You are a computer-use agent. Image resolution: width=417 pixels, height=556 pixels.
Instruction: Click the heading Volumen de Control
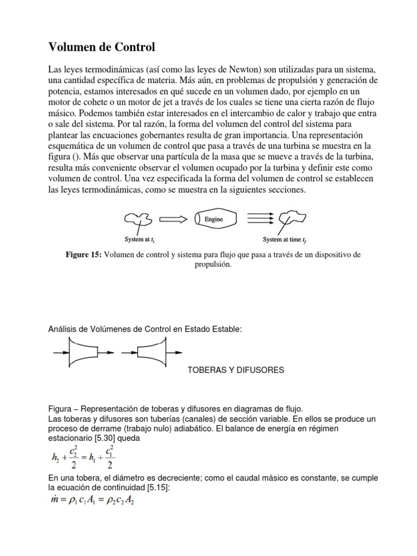pos(102,48)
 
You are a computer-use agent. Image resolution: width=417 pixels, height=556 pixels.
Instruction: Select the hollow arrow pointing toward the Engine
pos(172,219)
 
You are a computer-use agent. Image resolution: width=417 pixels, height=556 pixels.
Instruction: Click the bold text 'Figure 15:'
pos(83,255)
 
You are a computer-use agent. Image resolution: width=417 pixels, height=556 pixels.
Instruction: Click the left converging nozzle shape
pos(85,352)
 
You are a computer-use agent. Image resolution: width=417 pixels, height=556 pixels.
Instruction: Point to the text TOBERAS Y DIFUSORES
pos(236,370)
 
